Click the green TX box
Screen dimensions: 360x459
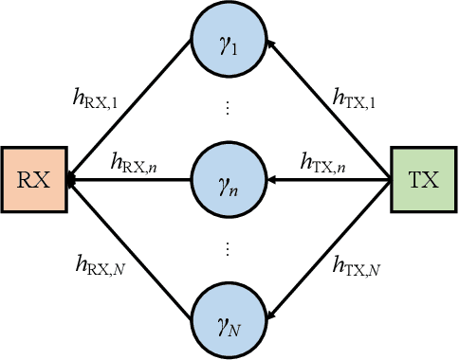pyautogui.click(x=423, y=179)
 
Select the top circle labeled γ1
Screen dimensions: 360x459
pyautogui.click(x=229, y=45)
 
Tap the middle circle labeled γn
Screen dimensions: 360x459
pyautogui.click(x=229, y=179)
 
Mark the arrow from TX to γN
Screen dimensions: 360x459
pyautogui.click(x=332, y=246)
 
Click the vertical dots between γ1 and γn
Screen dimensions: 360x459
pyautogui.click(x=229, y=109)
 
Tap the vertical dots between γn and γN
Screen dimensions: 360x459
pyautogui.click(x=229, y=249)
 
